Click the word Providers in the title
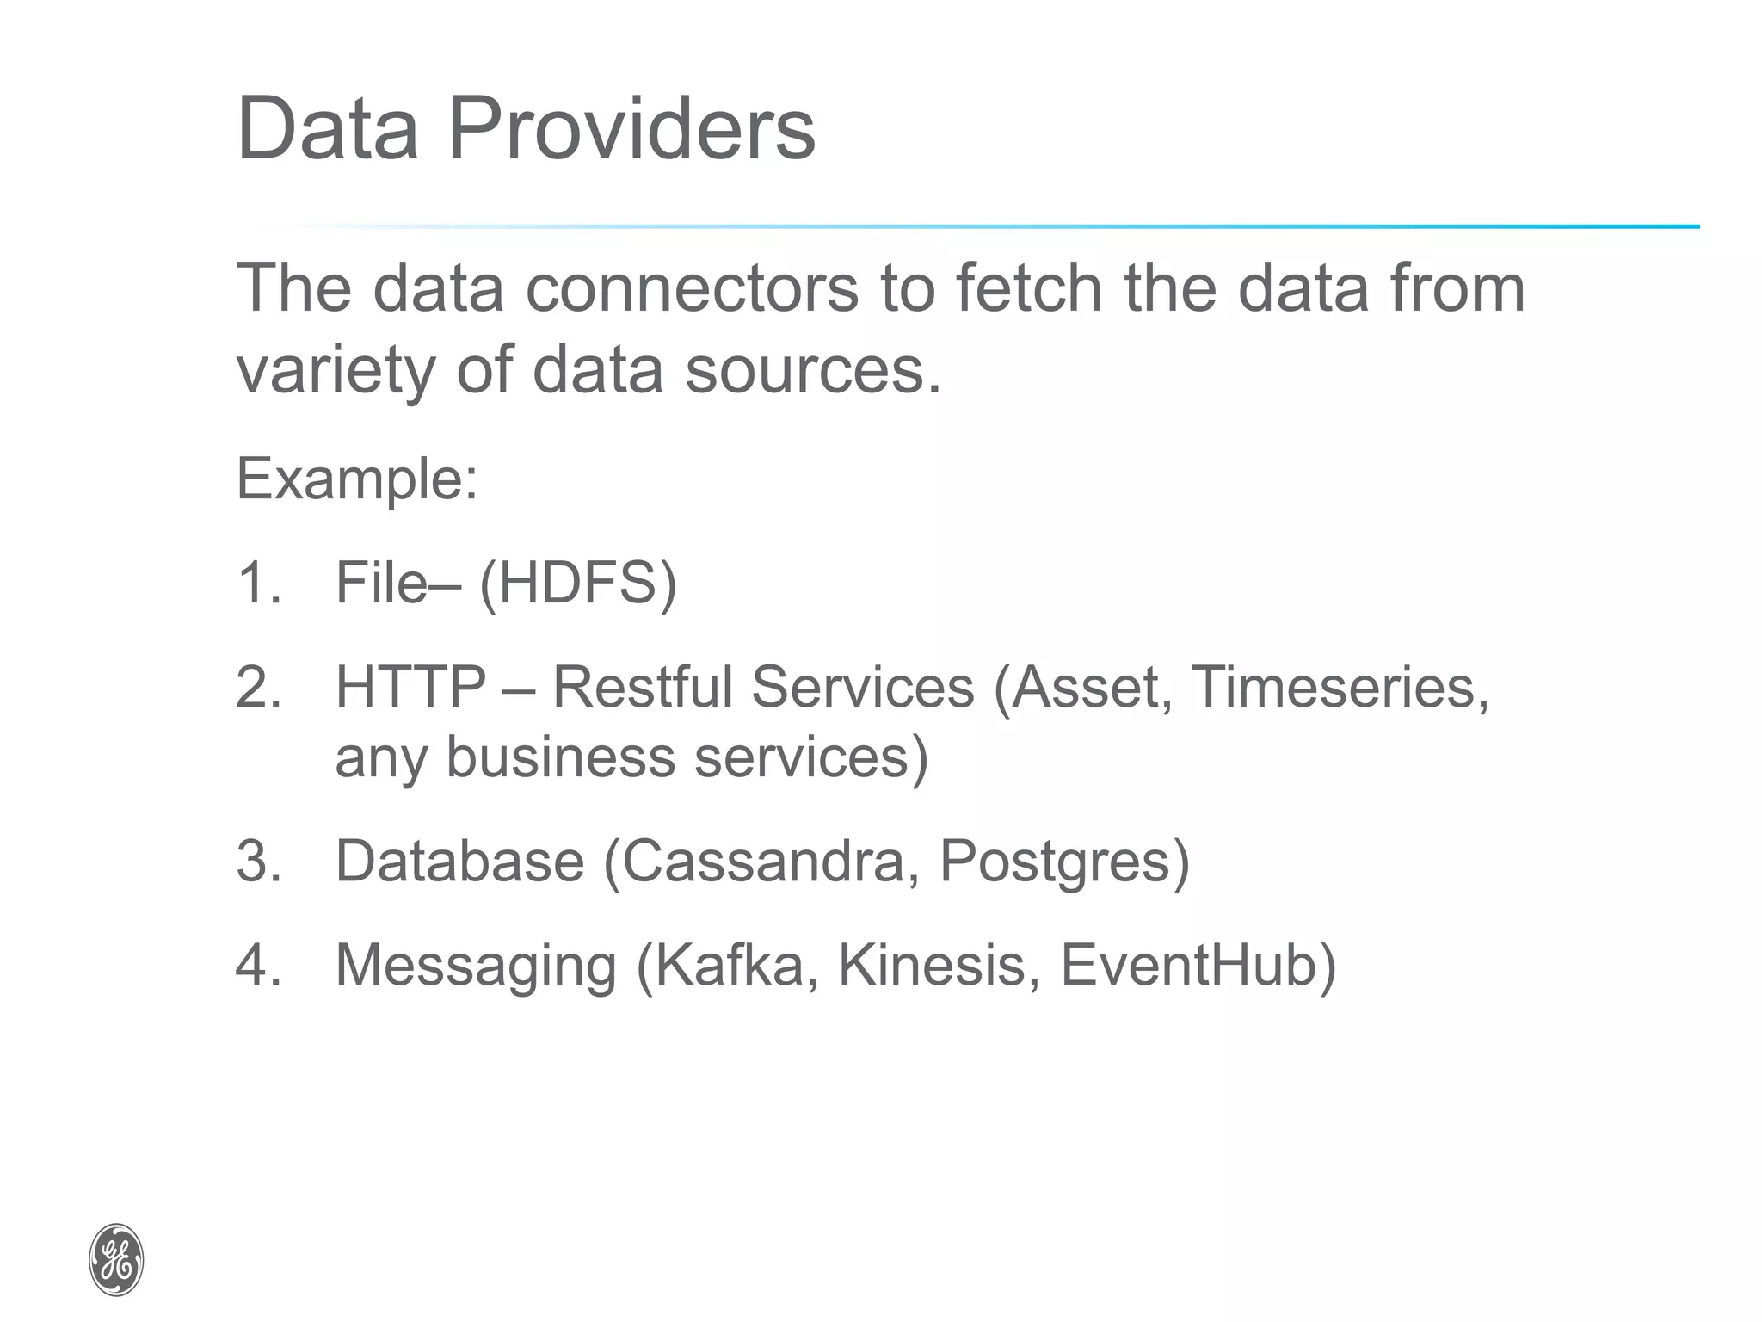click(631, 129)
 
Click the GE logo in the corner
click(116, 1259)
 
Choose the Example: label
click(356, 479)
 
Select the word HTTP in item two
click(410, 687)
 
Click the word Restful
click(642, 687)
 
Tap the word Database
click(459, 861)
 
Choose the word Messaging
click(476, 966)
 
